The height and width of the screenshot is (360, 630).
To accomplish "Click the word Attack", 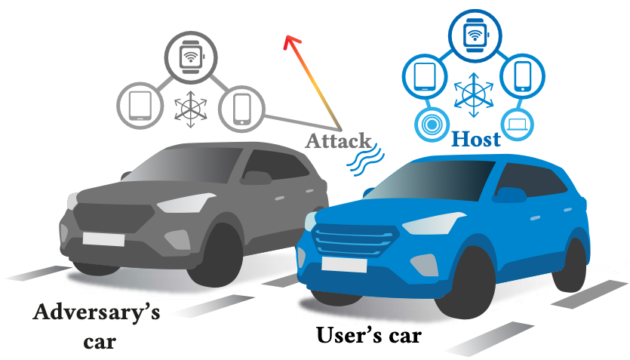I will click(x=339, y=141).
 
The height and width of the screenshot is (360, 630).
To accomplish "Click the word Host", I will click(x=475, y=140).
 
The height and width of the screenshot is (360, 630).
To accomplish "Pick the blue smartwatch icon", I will click(x=475, y=35).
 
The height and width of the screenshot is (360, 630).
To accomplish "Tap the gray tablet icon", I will click(x=141, y=105).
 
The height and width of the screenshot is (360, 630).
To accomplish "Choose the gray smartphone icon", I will click(x=241, y=108).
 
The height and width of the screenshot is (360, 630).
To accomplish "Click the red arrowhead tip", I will click(x=287, y=38).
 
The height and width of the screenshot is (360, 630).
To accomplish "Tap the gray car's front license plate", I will click(x=105, y=239).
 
